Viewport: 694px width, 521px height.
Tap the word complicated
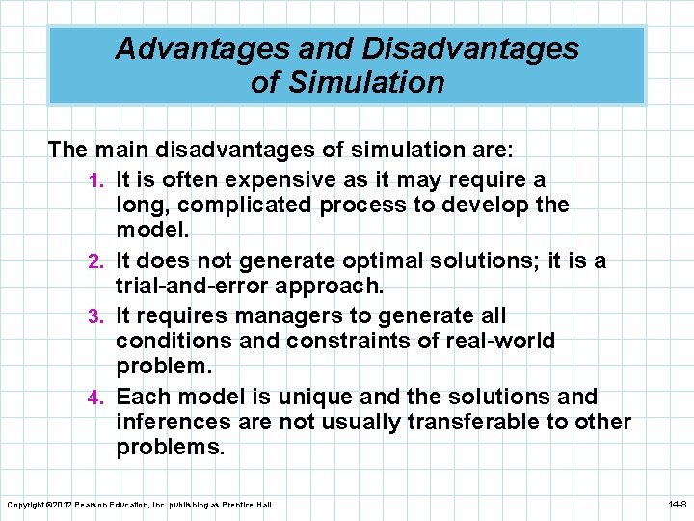(x=234, y=206)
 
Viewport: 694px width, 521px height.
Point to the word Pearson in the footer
(x=95, y=505)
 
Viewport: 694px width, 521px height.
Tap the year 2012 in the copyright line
(x=60, y=505)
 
